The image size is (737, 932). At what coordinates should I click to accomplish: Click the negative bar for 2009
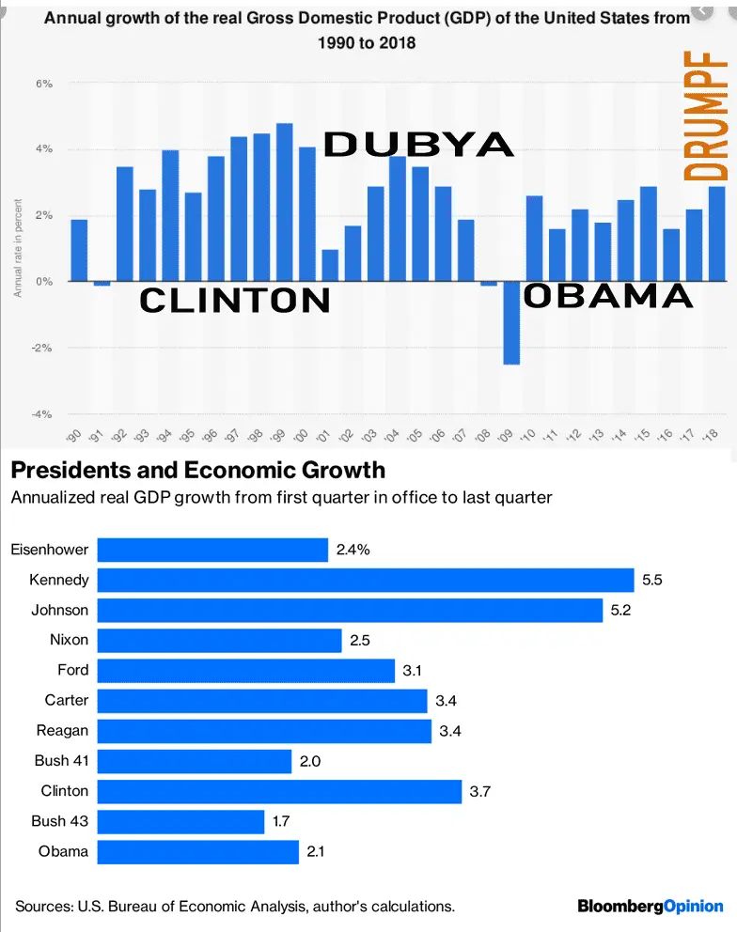click(x=511, y=323)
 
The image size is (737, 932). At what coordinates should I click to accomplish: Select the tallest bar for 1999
click(x=284, y=202)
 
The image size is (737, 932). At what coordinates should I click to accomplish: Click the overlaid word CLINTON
click(x=235, y=301)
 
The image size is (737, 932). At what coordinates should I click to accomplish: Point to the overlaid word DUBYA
click(x=418, y=145)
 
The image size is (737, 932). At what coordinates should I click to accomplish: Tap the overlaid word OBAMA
click(x=607, y=296)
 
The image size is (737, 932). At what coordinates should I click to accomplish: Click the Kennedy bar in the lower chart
click(x=366, y=580)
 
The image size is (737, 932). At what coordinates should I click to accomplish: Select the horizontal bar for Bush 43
click(x=181, y=821)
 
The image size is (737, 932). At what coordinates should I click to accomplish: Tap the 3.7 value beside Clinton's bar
click(x=479, y=792)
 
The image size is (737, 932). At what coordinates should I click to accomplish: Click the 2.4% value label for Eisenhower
click(x=353, y=550)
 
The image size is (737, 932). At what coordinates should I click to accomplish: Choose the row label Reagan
click(x=62, y=731)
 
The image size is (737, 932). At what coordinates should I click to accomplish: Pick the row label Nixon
click(x=70, y=640)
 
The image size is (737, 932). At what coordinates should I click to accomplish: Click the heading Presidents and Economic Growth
click(x=197, y=470)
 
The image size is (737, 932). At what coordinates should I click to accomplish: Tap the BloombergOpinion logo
click(x=650, y=906)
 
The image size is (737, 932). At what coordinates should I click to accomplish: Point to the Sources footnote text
click(x=235, y=907)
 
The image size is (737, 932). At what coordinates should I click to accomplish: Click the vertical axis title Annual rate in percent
click(x=17, y=249)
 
